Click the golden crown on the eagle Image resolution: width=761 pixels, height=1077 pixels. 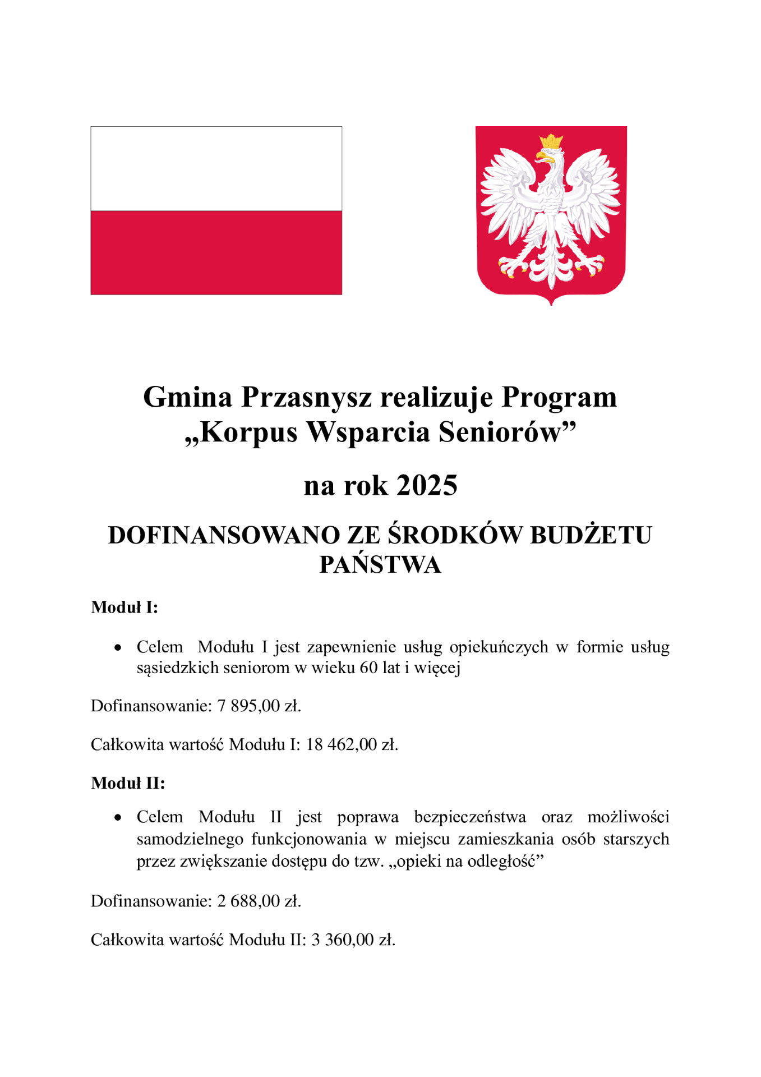pos(551,141)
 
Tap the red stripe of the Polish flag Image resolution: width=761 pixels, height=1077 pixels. pos(216,252)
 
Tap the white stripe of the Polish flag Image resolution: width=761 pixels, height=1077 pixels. pos(216,168)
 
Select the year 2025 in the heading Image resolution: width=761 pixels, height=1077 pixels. pos(427,485)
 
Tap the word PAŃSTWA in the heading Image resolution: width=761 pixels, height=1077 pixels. pos(380,565)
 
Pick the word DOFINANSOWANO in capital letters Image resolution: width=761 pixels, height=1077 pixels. pos(224,535)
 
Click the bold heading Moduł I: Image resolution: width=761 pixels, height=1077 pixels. pos(124,607)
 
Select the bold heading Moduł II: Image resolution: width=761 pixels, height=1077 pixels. pos(128,783)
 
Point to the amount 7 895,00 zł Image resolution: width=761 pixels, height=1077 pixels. pos(259,706)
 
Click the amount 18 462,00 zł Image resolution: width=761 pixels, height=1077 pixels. pos(352,745)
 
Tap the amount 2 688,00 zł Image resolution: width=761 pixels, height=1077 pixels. pos(259,901)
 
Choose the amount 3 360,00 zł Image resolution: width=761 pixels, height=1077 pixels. pos(353,940)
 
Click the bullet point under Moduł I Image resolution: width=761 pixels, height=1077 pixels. pos(117,648)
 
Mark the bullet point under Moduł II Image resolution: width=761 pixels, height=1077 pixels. pos(117,818)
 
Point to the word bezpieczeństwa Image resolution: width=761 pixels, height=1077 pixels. pos(470,817)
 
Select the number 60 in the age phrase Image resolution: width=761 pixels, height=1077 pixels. pos(368,668)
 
